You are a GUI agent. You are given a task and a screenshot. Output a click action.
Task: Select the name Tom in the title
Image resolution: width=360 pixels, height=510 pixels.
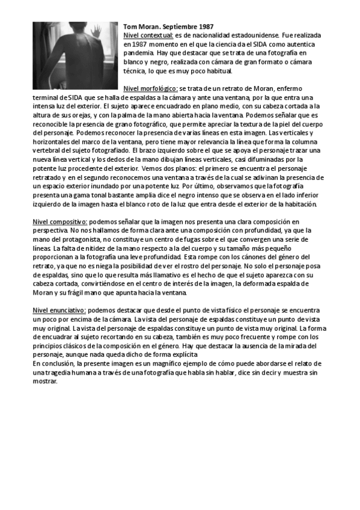130,27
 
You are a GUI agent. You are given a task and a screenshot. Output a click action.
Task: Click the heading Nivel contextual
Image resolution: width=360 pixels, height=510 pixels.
148,36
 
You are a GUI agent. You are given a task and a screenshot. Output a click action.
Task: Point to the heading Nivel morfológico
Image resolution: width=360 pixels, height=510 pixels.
150,88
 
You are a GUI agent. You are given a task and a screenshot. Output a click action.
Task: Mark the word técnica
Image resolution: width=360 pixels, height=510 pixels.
137,71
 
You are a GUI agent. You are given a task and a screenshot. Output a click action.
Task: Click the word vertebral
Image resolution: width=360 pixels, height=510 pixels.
50,150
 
